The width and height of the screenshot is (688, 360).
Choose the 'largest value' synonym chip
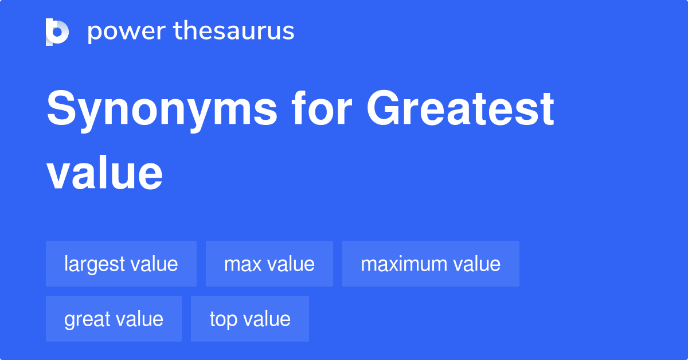point(121,264)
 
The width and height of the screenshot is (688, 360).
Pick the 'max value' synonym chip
point(269,264)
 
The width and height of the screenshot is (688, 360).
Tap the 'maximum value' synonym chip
point(431,264)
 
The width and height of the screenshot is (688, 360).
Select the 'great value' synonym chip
point(114,319)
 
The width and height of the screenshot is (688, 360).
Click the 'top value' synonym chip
point(250,319)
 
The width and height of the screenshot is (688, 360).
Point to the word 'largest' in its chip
point(95,264)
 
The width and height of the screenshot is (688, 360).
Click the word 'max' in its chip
point(240,264)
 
